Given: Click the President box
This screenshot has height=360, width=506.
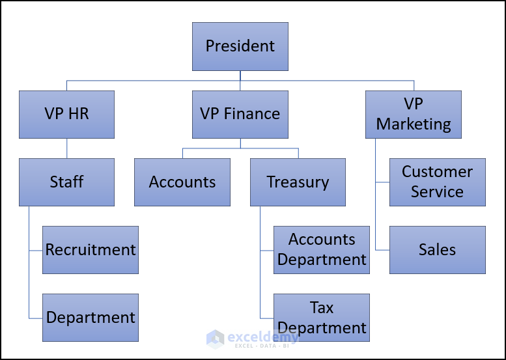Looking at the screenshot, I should pos(240,46).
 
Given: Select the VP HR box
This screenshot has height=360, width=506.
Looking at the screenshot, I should pos(66,114).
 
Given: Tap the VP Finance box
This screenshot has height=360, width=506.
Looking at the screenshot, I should pos(240,114).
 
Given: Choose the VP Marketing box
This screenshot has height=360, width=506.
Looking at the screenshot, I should pos(414,114).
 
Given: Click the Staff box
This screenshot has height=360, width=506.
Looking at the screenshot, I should pos(66,182).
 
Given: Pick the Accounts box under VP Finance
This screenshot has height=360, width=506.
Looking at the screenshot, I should pos(182,182).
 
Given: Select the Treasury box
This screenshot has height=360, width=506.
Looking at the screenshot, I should pos(298,182).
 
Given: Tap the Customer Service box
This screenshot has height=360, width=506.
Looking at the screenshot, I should pos(437,182).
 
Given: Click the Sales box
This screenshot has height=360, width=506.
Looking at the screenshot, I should pos(437,249).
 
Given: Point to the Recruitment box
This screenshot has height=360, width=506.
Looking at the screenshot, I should pos(91,249).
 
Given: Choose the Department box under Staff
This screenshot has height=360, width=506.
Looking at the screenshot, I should pos(91,317).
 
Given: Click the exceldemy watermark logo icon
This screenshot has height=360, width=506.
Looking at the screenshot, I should pos(215,338).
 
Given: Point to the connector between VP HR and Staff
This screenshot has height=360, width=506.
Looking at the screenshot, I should pos(66,148).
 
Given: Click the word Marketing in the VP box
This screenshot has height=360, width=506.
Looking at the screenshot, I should pos(414,124).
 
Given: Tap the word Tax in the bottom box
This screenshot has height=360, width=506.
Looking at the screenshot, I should pos(322,307).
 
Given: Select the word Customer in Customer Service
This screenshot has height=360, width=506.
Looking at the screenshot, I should pos(437,172).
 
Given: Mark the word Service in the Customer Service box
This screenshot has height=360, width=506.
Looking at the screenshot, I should pos(437,192).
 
